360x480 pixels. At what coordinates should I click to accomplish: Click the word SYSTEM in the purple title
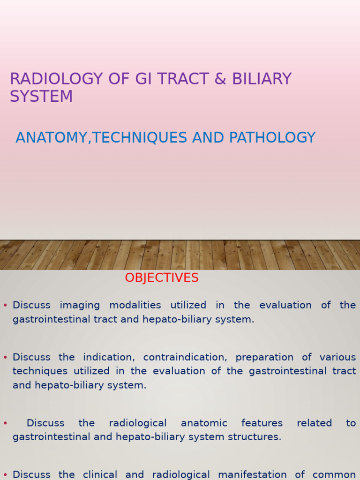[41, 97]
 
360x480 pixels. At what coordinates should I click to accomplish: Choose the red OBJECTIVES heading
[162, 278]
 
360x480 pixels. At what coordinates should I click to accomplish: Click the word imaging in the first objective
[80, 305]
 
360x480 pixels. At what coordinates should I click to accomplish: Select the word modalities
[135, 305]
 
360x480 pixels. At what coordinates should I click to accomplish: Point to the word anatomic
[204, 423]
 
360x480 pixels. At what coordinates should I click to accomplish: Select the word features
[262, 423]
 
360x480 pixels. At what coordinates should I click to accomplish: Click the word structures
[257, 437]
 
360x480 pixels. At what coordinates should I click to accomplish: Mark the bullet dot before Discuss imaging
[5, 306]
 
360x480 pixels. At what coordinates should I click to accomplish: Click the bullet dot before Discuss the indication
[5, 358]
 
